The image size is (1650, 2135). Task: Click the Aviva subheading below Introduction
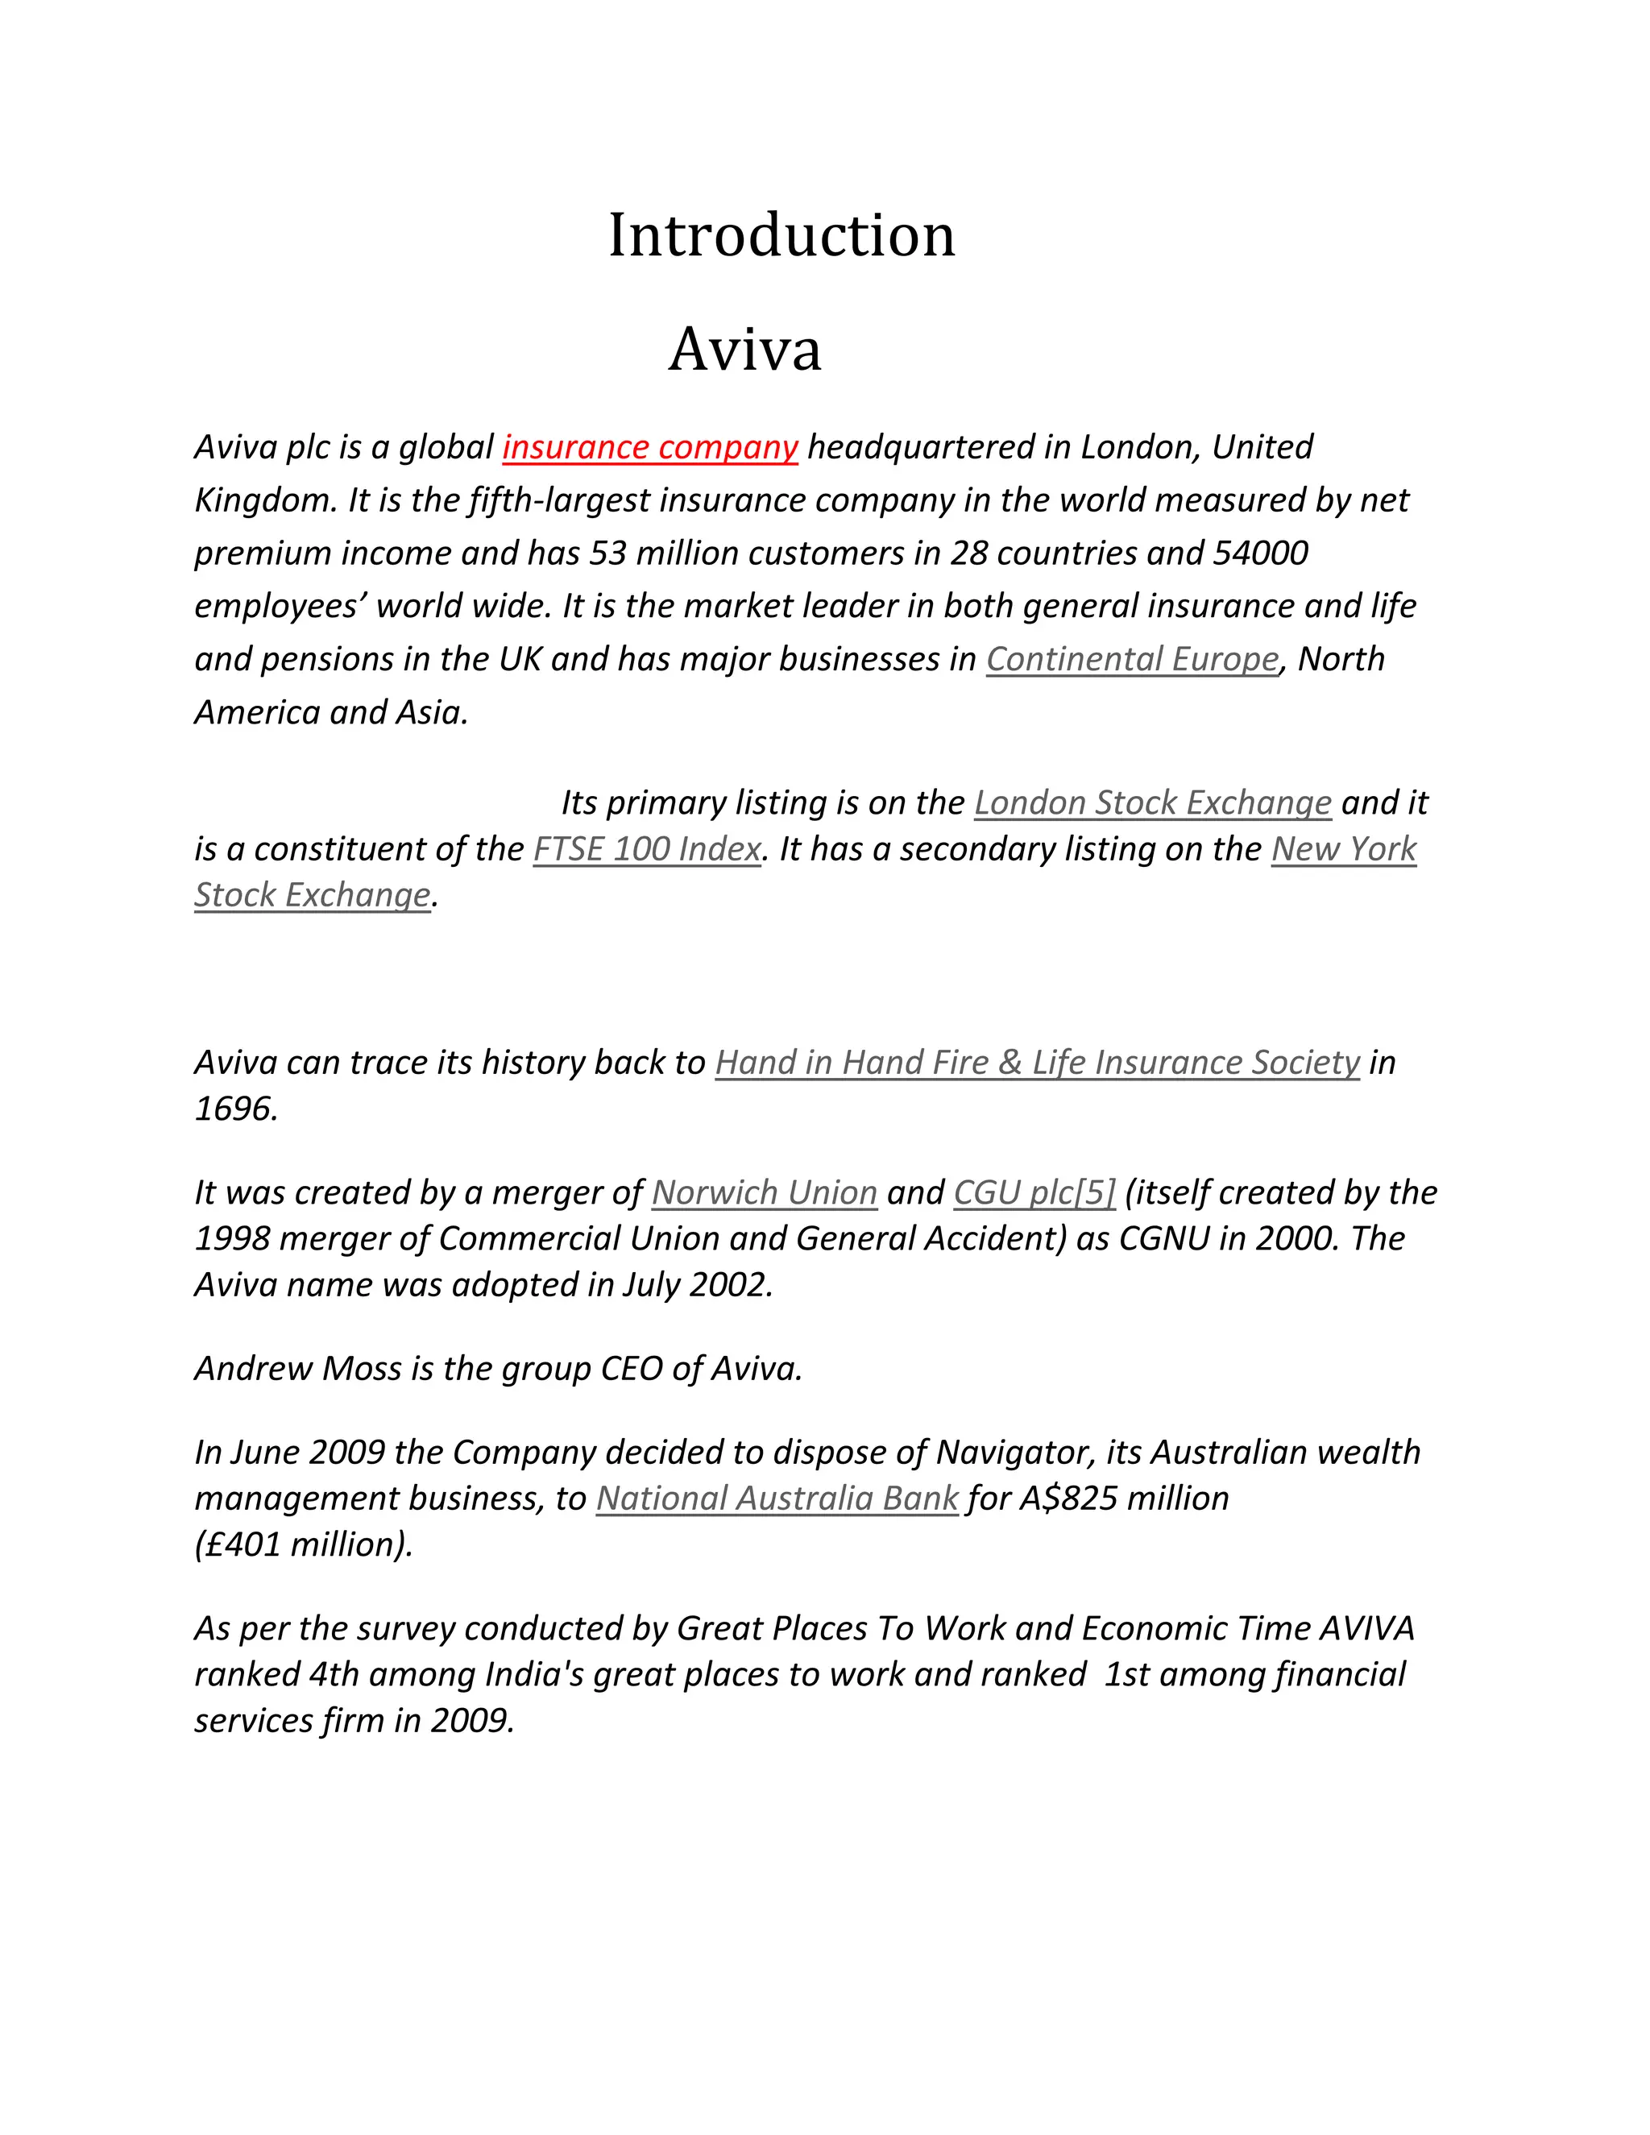click(745, 349)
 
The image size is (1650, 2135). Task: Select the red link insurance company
click(650, 447)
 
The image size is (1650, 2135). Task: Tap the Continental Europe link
click(1132, 659)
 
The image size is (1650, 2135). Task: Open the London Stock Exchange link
click(1152, 802)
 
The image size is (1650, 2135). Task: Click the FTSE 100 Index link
click(646, 848)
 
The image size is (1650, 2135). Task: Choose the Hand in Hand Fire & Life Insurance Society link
click(1036, 1063)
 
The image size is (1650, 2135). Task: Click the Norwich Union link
click(765, 1192)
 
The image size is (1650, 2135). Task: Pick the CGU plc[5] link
click(1034, 1192)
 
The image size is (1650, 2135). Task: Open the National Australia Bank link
click(777, 1499)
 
